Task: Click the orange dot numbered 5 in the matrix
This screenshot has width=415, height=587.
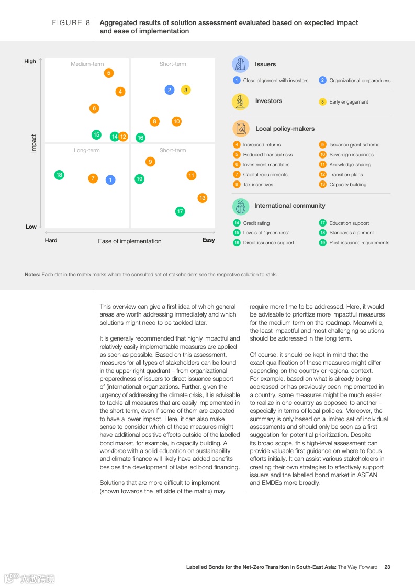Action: point(109,73)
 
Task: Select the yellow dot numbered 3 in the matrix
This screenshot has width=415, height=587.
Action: point(186,90)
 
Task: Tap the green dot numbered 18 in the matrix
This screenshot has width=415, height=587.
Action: point(59,175)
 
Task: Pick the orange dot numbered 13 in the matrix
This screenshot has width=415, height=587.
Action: point(203,198)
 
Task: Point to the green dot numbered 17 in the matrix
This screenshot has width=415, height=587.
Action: point(180,211)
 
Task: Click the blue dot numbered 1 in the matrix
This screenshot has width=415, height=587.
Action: point(110,179)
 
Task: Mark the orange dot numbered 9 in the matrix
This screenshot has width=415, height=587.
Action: point(150,162)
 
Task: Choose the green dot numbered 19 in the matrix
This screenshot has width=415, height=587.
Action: point(139,179)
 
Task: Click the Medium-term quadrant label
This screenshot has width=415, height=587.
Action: point(87,64)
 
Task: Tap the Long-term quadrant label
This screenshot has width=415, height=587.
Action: point(87,151)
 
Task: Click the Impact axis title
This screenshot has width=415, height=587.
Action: point(34,143)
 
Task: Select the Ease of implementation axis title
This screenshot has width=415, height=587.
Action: point(130,241)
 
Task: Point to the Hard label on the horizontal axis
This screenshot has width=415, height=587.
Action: point(51,240)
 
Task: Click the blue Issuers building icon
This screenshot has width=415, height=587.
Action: point(240,64)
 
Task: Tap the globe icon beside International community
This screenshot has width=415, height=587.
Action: point(241,206)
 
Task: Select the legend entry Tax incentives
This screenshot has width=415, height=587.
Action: point(258,185)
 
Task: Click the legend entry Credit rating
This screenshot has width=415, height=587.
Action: point(256,223)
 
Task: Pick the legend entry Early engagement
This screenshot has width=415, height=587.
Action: point(349,102)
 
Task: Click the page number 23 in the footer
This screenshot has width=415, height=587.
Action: point(387,567)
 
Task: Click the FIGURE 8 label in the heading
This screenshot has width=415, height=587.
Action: point(68,23)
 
